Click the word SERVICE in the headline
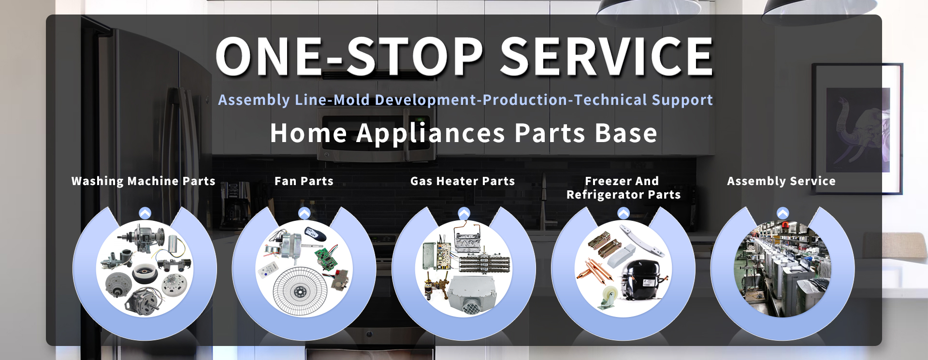(607, 57)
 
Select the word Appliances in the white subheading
(431, 133)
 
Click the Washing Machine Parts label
(144, 181)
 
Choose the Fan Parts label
(304, 181)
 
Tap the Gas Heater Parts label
(463, 181)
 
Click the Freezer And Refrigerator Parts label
(623, 188)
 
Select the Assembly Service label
(782, 181)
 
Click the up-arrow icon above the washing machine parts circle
(145, 213)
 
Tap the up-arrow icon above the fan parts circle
(304, 213)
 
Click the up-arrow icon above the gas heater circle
(464, 213)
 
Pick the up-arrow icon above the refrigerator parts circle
(623, 213)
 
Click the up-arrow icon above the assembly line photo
(783, 213)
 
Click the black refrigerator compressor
(643, 279)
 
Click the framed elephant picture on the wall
(856, 129)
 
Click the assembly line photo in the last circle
(783, 269)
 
